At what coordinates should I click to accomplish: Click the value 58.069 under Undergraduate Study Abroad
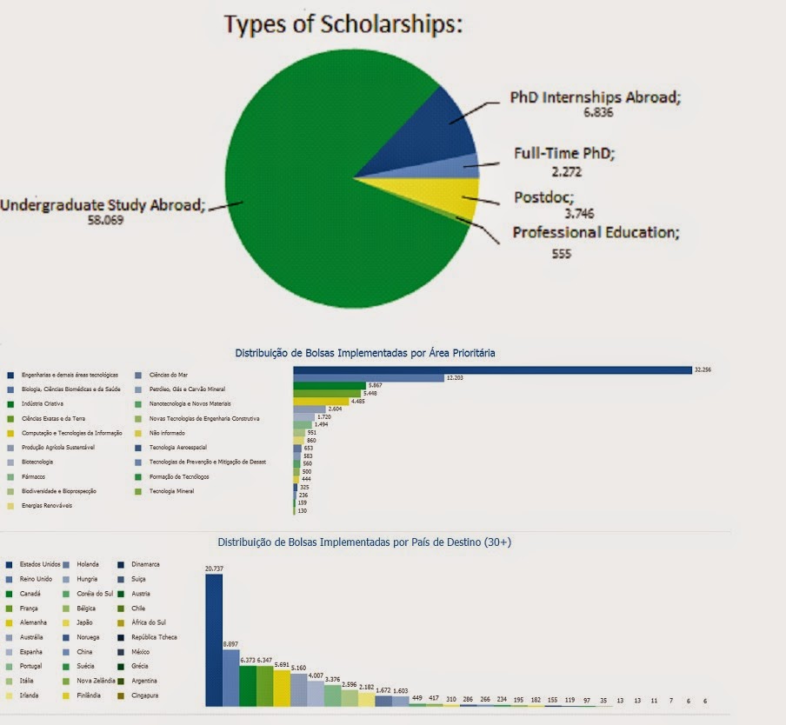point(105,220)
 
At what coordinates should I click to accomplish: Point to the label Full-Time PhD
point(563,154)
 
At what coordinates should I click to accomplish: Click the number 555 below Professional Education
point(562,254)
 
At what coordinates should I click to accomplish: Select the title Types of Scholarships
point(343,25)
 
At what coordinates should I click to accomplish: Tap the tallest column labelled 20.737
point(214,639)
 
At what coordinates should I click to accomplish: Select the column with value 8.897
point(230,676)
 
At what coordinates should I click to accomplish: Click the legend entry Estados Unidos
point(40,564)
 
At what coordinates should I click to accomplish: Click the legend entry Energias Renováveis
point(44,505)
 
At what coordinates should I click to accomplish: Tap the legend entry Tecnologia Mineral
point(171,491)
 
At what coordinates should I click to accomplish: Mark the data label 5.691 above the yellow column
point(281,663)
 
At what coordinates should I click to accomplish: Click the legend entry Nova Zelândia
point(96,681)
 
